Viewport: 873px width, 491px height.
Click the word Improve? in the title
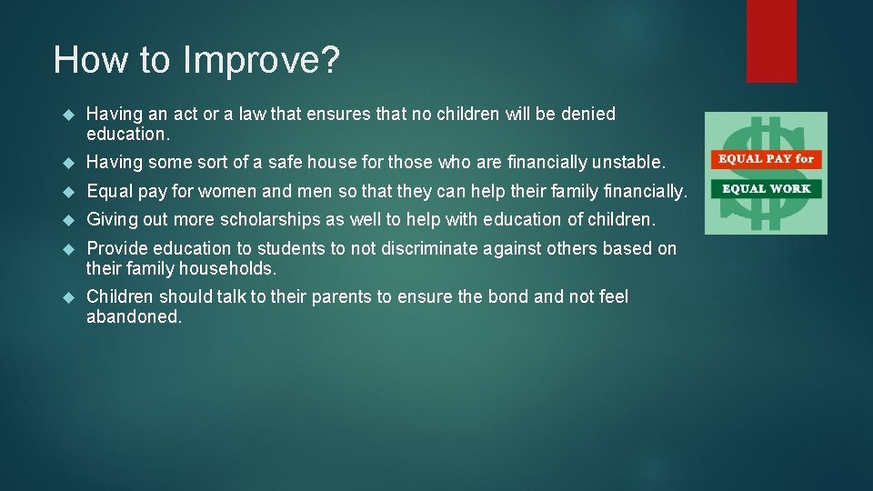point(261,61)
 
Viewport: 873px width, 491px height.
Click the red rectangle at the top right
point(771,41)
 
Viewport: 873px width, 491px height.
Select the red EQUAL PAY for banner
point(766,158)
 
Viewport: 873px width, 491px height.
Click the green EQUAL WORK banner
point(766,188)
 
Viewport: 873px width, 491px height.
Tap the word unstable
point(628,163)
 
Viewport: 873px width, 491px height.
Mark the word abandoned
point(134,316)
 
